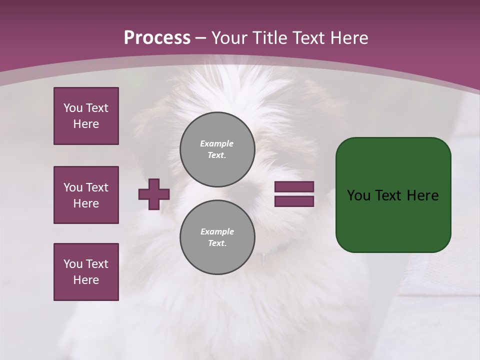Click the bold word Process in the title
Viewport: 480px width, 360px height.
pos(157,38)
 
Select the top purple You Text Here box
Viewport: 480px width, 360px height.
pos(86,116)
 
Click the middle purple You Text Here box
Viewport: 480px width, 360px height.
pos(86,195)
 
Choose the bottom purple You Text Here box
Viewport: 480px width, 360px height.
pos(86,272)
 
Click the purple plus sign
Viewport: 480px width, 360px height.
pos(154,194)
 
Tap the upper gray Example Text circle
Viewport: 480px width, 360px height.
pos(217,149)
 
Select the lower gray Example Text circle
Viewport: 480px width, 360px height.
pos(217,237)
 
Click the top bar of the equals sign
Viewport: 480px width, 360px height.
pos(294,187)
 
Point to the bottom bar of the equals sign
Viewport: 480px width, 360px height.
pos(294,201)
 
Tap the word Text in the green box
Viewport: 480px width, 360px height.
pos(389,195)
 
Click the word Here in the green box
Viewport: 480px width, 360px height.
pos(422,195)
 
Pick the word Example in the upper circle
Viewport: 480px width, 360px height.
pos(217,143)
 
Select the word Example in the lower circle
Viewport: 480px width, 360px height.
pos(217,231)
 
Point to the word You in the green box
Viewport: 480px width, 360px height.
pos(359,195)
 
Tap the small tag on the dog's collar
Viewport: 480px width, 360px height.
pos(263,257)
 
